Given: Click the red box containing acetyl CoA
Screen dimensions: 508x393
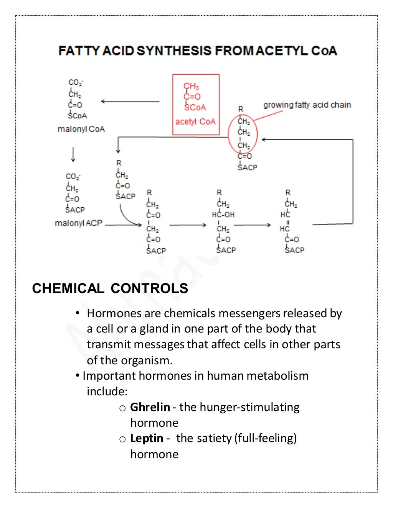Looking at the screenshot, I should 196,105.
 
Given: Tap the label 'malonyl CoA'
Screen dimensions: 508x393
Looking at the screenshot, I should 81,129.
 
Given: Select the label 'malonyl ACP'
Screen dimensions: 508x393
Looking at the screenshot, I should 79,223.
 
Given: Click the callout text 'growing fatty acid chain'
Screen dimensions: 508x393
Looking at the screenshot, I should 307,105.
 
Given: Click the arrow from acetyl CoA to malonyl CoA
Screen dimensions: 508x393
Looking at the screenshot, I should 130,102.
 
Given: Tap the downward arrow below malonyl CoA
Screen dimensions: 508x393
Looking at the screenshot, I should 73,154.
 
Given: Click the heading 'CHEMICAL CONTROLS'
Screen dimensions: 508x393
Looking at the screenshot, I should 110,288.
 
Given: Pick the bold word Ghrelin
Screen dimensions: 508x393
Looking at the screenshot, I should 150,407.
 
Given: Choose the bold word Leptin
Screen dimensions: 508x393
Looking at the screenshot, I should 147,438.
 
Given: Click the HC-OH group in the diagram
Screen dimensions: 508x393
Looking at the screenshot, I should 223,215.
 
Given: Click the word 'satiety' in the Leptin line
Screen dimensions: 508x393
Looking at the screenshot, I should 217,438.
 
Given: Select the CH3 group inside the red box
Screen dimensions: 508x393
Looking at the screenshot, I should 191,86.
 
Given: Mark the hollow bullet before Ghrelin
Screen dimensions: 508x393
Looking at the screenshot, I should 122,408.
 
